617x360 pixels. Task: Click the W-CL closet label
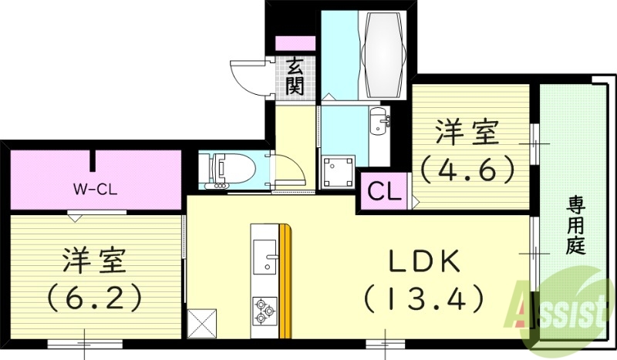point(94,188)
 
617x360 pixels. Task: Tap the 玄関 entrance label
point(294,76)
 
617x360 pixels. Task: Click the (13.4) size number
point(423,296)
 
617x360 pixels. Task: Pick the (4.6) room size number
point(467,168)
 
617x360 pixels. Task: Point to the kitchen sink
point(265,254)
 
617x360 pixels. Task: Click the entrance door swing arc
point(248,76)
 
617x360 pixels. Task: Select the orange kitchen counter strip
point(285,281)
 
